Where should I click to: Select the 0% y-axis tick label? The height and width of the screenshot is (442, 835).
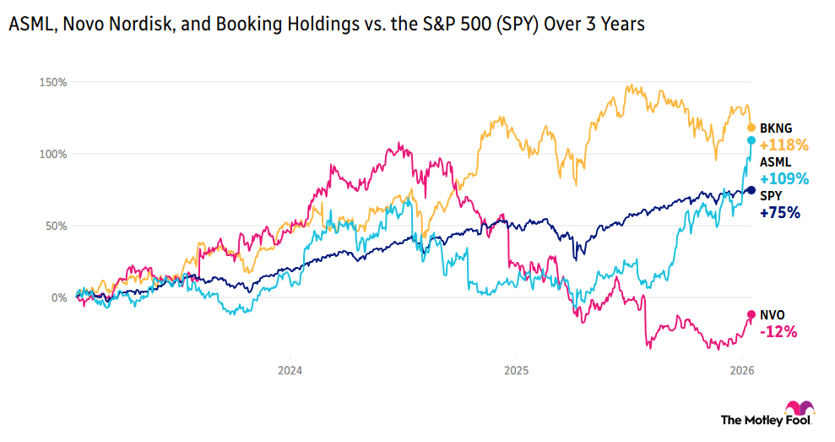[x=58, y=298]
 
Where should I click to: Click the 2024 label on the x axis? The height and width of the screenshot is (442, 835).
[x=290, y=370]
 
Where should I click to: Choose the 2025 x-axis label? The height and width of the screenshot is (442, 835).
[x=516, y=370]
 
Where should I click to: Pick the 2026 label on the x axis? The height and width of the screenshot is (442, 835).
[x=741, y=370]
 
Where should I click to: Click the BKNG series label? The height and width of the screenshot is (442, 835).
[x=775, y=128]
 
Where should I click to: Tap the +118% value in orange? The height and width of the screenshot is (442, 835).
[x=784, y=145]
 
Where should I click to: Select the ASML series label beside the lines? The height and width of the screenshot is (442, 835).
[x=775, y=161]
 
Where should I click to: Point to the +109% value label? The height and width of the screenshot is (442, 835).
[x=784, y=178]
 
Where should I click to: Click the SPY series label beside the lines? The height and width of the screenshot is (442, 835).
[x=772, y=195]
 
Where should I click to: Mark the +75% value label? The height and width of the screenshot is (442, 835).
[x=780, y=213]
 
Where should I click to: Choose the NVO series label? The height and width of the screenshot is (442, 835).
[x=773, y=314]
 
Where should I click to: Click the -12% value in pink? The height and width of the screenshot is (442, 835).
[x=779, y=332]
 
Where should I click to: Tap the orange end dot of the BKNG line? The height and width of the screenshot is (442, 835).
[x=751, y=128]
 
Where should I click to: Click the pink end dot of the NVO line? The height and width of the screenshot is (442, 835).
[x=751, y=314]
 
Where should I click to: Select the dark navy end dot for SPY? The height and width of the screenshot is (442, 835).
[x=751, y=190]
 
